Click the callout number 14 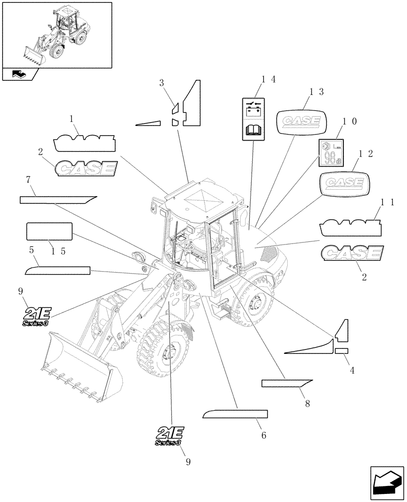[x=268, y=79]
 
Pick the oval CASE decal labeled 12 [x=344, y=182]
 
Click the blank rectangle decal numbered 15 [x=49, y=231]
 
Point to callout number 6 [x=263, y=435]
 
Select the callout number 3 [x=161, y=82]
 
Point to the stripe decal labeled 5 [x=57, y=271]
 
